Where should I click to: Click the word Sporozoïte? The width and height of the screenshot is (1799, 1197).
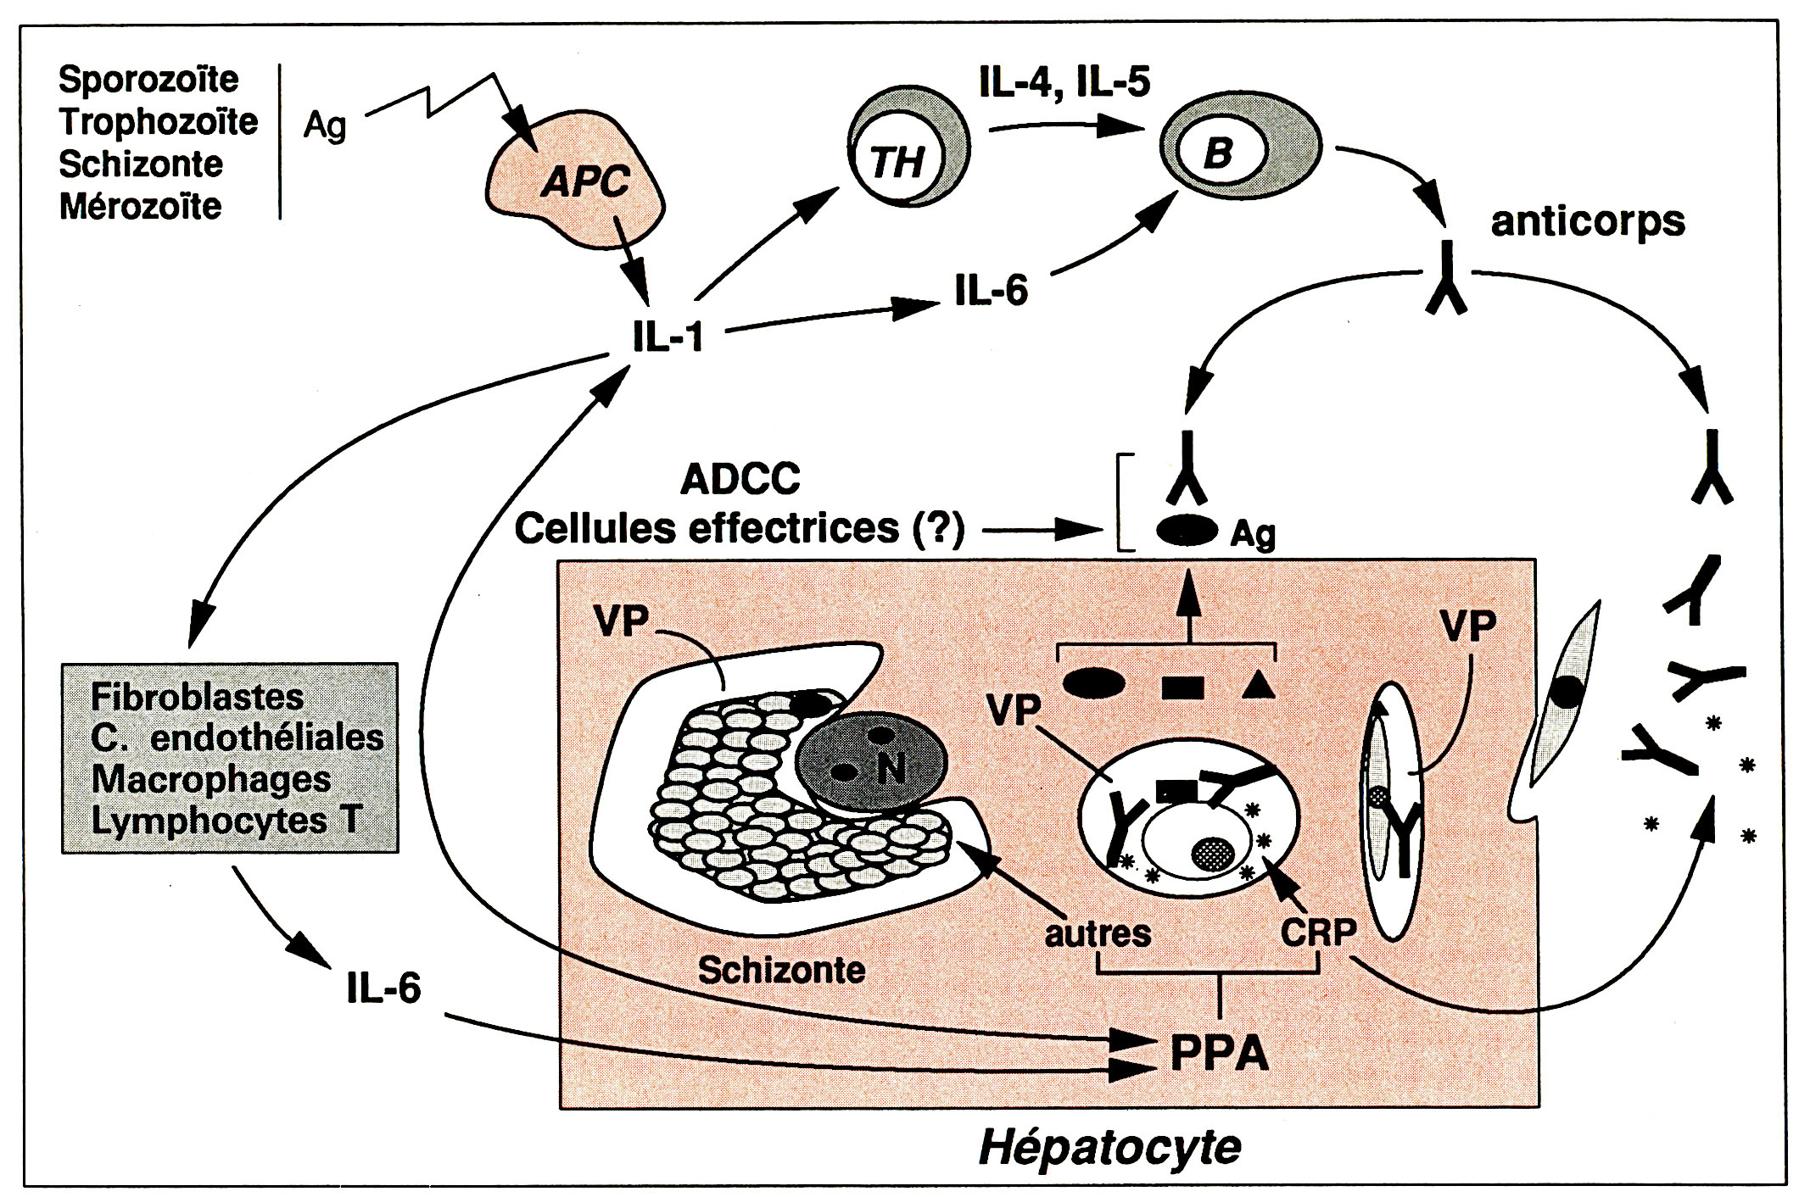(148, 80)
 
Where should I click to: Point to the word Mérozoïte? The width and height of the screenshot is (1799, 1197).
(140, 206)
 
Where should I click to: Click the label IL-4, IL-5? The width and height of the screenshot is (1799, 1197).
(1064, 82)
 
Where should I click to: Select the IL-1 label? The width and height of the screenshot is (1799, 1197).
(668, 337)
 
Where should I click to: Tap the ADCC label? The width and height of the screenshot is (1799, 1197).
(740, 480)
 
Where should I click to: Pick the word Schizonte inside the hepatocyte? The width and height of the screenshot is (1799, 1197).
(781, 970)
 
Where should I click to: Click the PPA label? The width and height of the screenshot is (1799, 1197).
(1219, 1055)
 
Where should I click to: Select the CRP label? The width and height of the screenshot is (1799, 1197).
(1318, 933)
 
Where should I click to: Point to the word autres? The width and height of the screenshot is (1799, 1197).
(1098, 933)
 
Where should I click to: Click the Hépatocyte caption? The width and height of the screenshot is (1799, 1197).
(1110, 1147)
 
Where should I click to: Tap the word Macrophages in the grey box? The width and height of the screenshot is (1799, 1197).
(211, 779)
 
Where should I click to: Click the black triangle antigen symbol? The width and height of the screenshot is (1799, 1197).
(1259, 684)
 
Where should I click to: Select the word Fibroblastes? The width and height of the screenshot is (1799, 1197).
(197, 697)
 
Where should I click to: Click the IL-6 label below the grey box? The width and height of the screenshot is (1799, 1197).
(383, 988)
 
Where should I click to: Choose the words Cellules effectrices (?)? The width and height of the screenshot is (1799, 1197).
(739, 529)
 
